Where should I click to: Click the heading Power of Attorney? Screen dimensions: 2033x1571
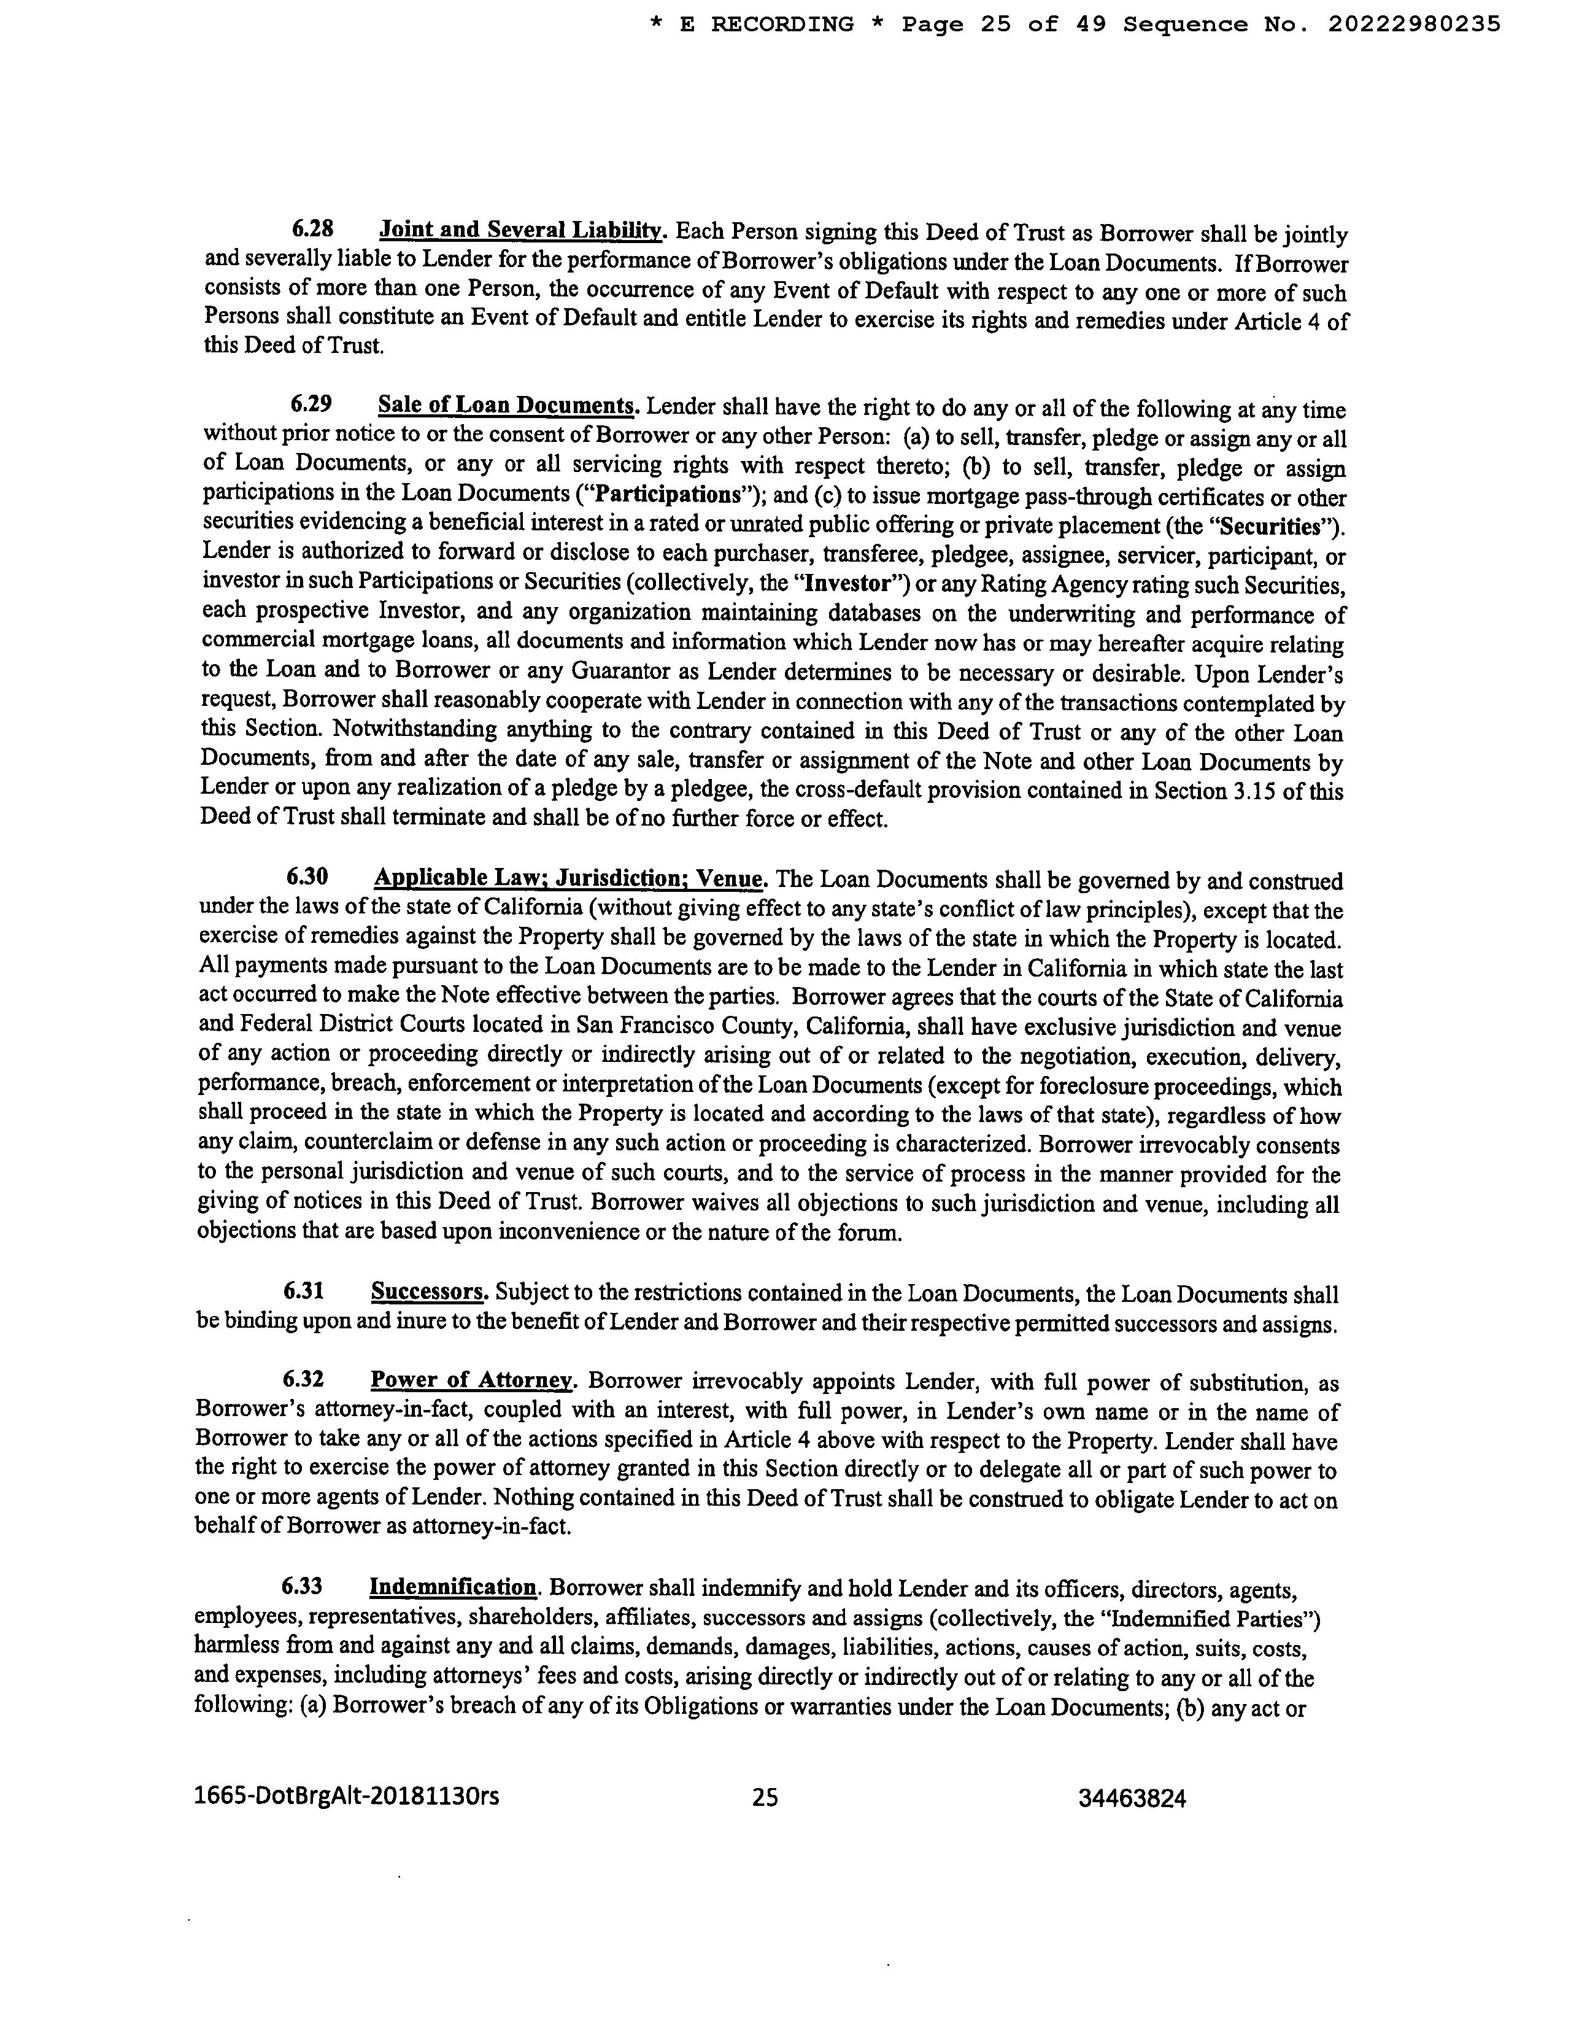tap(472, 1381)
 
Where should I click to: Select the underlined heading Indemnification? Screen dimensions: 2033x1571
tap(454, 1587)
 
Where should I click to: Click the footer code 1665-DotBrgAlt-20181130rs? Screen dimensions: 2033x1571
tap(346, 1795)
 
